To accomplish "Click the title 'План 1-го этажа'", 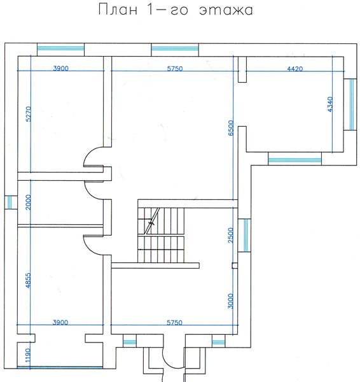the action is click(176, 10).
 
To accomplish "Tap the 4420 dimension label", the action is click(295, 69).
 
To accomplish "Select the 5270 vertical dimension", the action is click(29, 114).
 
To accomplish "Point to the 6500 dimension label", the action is click(231, 128).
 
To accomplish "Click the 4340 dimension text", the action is click(330, 104).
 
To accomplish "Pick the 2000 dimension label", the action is click(29, 202).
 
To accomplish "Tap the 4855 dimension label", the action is click(29, 280).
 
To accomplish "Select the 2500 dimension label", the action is click(231, 235).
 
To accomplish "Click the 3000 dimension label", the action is click(231, 301).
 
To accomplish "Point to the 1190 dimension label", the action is click(28, 356).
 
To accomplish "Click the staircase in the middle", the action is click(161, 235).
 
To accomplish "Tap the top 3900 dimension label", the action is click(60, 69).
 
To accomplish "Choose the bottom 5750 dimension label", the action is click(174, 323).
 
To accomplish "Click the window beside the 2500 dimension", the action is click(244, 235).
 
